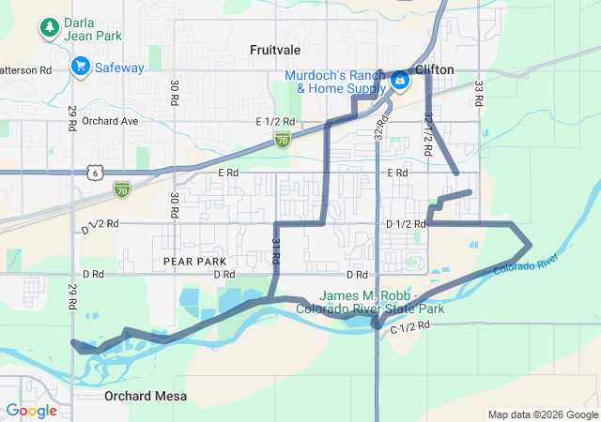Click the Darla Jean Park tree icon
[49, 28]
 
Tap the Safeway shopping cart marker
[80, 67]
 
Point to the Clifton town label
[434, 69]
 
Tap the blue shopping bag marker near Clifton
[400, 81]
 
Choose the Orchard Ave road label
[110, 121]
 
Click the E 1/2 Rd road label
[275, 122]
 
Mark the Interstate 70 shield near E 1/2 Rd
[283, 139]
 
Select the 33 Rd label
[478, 93]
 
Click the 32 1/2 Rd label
[428, 128]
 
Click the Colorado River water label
[527, 266]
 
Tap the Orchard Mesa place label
[146, 397]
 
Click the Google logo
[31, 410]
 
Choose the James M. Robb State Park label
[370, 301]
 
